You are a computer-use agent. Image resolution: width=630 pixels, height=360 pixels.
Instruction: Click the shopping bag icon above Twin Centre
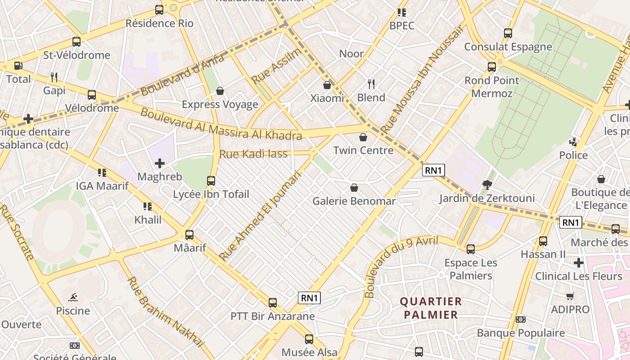pos(363,137)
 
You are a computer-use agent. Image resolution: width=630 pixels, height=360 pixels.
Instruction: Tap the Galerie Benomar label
pos(354,201)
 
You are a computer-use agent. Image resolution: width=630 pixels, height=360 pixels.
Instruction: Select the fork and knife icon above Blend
pos(371,84)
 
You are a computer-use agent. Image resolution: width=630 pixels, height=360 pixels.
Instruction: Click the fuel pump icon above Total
pos(18,66)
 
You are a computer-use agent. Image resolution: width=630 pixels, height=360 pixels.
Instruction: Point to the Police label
pos(573,155)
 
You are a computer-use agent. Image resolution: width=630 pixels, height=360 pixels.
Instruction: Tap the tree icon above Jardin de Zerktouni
pos(487,184)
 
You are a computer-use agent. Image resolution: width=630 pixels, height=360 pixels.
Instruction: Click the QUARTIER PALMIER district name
pos(431,308)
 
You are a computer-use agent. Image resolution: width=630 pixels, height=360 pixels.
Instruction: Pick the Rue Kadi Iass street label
pos(253,154)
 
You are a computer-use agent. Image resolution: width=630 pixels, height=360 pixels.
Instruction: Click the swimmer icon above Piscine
pos(73,297)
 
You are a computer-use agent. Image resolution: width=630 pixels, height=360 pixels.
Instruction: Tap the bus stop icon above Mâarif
pos(189,234)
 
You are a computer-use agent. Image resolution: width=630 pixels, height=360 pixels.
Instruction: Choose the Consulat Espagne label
pos(508,47)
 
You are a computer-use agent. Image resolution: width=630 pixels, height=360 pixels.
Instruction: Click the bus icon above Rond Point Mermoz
pos(492,67)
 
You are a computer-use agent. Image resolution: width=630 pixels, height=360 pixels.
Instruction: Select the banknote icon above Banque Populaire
pos(521,319)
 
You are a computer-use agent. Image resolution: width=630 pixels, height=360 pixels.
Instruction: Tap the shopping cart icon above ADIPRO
pos(570,296)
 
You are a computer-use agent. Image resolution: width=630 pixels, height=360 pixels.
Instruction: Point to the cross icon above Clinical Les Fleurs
pos(579,262)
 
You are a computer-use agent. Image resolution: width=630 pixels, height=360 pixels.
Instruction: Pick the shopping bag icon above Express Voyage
pos(220,91)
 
